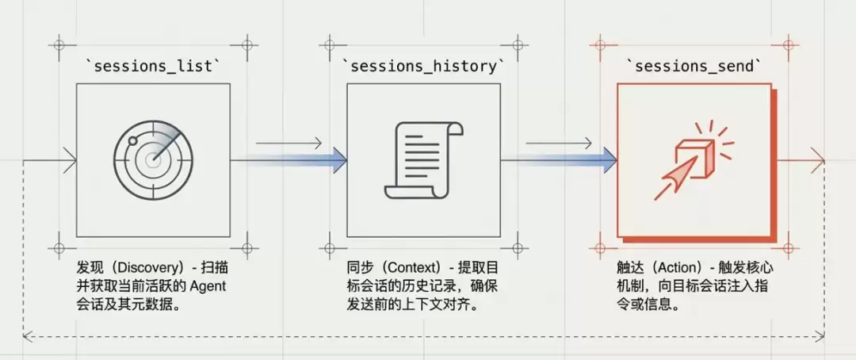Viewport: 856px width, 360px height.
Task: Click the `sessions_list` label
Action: pyautogui.click(x=154, y=67)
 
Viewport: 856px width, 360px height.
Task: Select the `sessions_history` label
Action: pyautogui.click(x=423, y=67)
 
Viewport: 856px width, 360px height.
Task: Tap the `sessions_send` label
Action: pyautogui.click(x=694, y=67)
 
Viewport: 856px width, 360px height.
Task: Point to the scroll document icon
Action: pyautogui.click(x=423, y=160)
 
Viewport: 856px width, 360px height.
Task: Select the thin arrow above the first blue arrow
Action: pyautogui.click(x=289, y=144)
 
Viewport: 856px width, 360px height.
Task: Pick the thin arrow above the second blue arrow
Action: pyautogui.click(x=559, y=144)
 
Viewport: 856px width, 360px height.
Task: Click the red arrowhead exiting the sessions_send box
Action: pyautogui.click(x=818, y=161)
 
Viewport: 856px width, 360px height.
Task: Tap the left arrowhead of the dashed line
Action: pyautogui.click(x=27, y=339)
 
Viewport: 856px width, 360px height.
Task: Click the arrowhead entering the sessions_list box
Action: pyautogui.click(x=70, y=161)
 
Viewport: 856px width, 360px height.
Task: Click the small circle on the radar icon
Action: pyautogui.click(x=132, y=141)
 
